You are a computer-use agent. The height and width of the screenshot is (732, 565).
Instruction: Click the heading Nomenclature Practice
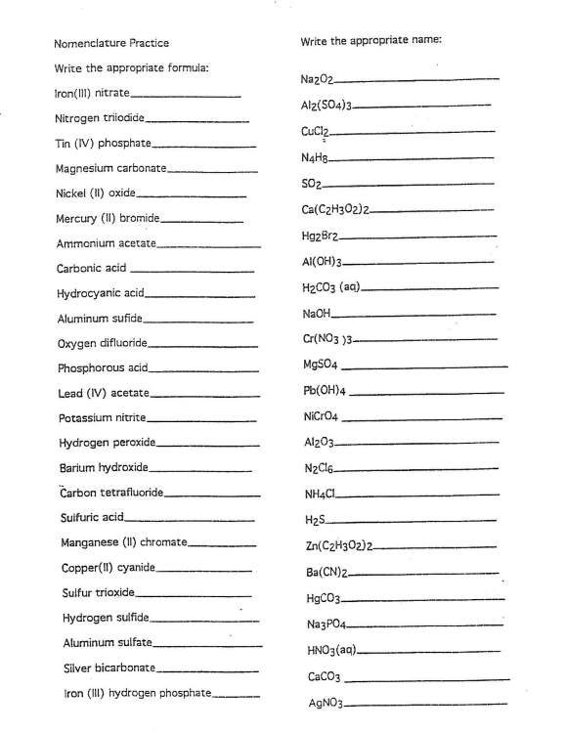pos(111,43)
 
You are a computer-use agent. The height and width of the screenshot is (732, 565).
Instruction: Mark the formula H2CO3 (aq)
pos(332,288)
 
